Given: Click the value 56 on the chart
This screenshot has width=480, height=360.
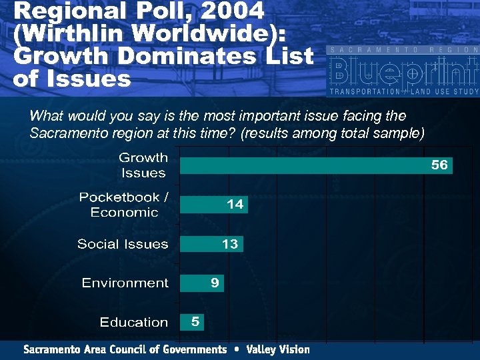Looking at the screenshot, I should [x=439, y=165].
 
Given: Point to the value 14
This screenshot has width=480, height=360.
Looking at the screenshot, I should [x=235, y=205].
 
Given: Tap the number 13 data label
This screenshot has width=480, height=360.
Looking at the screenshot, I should [x=230, y=244].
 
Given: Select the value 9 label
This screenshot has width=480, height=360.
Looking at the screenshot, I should [x=215, y=283].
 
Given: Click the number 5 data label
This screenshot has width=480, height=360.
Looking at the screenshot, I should [x=195, y=322].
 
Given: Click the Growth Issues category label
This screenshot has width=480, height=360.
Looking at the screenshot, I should [x=143, y=165].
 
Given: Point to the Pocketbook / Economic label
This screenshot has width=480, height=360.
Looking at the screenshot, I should [x=124, y=205].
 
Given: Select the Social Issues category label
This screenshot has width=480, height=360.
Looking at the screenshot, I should [x=123, y=244].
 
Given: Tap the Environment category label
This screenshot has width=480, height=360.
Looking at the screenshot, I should [x=125, y=283].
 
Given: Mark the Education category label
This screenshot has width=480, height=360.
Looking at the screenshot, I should [x=133, y=323].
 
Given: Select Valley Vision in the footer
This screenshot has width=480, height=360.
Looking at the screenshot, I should [x=278, y=349].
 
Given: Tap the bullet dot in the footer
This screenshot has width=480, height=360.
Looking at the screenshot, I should [x=236, y=349].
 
